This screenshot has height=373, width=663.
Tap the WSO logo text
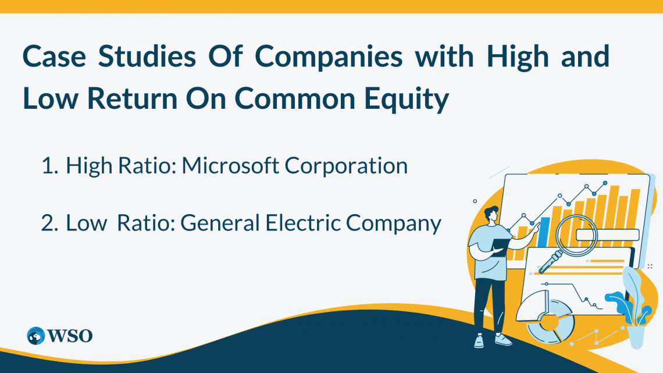point(70,336)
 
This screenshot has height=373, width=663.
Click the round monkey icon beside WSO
point(36,336)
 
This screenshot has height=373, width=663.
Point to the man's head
point(491,215)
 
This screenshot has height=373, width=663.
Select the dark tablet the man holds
point(500,247)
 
